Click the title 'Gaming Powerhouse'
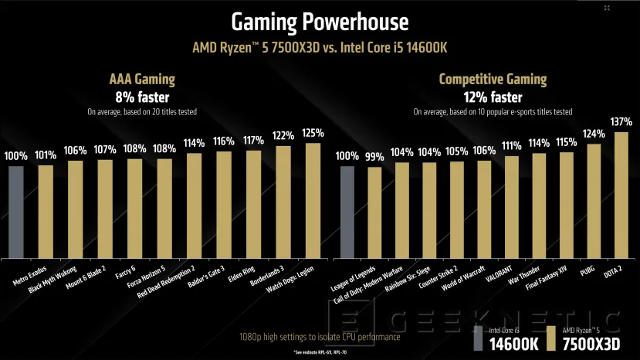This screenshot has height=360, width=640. point(320,21)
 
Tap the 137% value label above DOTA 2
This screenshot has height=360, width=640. point(621,122)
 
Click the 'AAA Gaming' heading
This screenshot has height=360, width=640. point(143,80)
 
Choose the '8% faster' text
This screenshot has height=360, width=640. point(143,97)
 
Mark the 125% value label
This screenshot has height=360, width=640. point(313,133)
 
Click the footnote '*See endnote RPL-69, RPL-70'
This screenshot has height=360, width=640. point(319,352)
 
